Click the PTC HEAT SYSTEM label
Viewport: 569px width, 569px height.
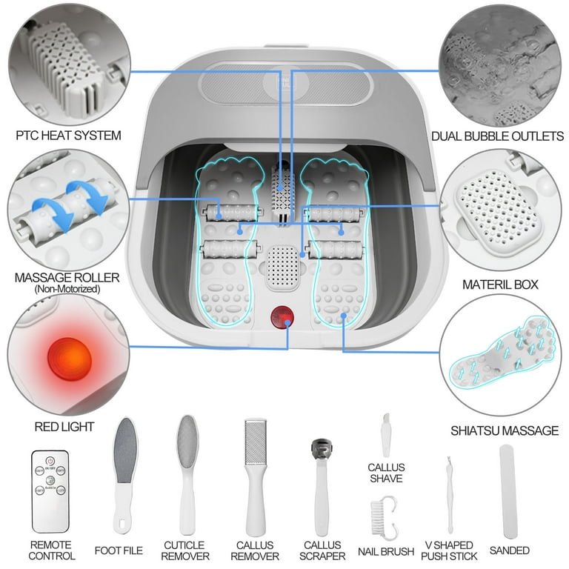click(x=68, y=136)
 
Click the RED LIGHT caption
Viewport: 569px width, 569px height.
click(x=64, y=427)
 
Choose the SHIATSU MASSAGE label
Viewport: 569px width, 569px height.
click(x=504, y=430)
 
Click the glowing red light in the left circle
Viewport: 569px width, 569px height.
click(x=68, y=359)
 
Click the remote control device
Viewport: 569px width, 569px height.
click(x=50, y=490)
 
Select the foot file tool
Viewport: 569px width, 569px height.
click(x=126, y=474)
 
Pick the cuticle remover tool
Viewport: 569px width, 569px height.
click(x=185, y=474)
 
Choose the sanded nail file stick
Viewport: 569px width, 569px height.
click(x=508, y=490)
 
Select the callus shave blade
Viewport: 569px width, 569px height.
click(x=385, y=437)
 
